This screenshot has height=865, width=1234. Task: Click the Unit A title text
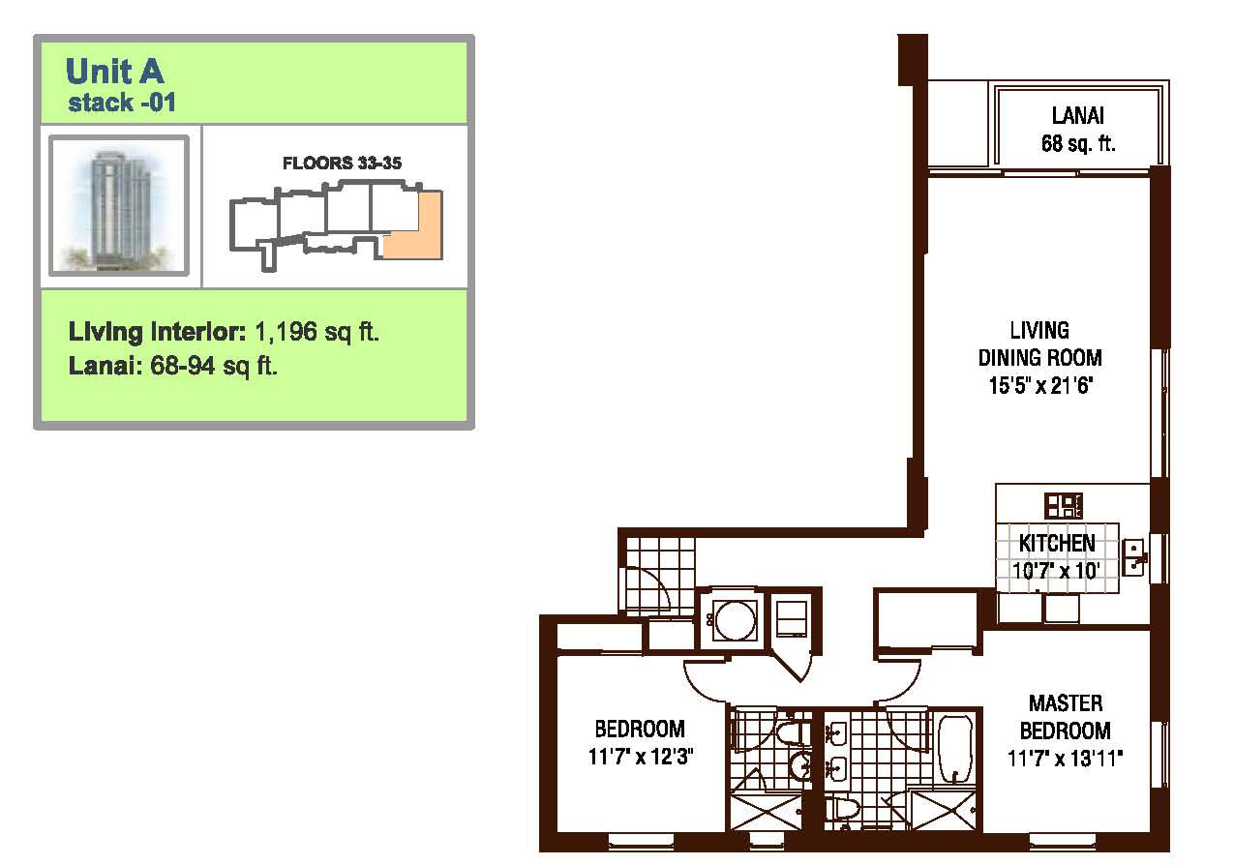(x=114, y=72)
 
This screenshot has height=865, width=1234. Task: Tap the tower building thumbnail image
(x=119, y=205)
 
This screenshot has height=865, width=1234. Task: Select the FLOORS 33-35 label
(x=342, y=163)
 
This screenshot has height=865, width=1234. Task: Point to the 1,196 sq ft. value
(x=316, y=332)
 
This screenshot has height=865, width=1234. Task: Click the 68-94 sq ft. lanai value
(x=214, y=366)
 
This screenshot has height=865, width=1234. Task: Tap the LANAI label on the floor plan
(x=1078, y=116)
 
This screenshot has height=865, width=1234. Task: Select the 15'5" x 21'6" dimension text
(x=1040, y=385)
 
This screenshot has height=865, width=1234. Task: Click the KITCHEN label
(x=1057, y=544)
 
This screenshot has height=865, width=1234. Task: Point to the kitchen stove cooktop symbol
(x=1064, y=505)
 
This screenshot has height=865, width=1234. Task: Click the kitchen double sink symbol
(x=1133, y=557)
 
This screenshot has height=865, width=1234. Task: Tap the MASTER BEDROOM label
(x=1066, y=717)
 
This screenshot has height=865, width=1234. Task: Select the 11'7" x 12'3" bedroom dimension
(x=640, y=757)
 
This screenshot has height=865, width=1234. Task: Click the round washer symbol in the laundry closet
(x=735, y=620)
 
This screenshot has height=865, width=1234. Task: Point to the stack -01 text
(x=122, y=103)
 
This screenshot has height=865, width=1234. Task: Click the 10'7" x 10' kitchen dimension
(x=1057, y=571)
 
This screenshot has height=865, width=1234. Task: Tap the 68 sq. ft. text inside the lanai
(x=1078, y=144)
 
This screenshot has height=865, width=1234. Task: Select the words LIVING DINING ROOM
(x=1040, y=344)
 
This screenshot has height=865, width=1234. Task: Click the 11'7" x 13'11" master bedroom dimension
(x=1065, y=759)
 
